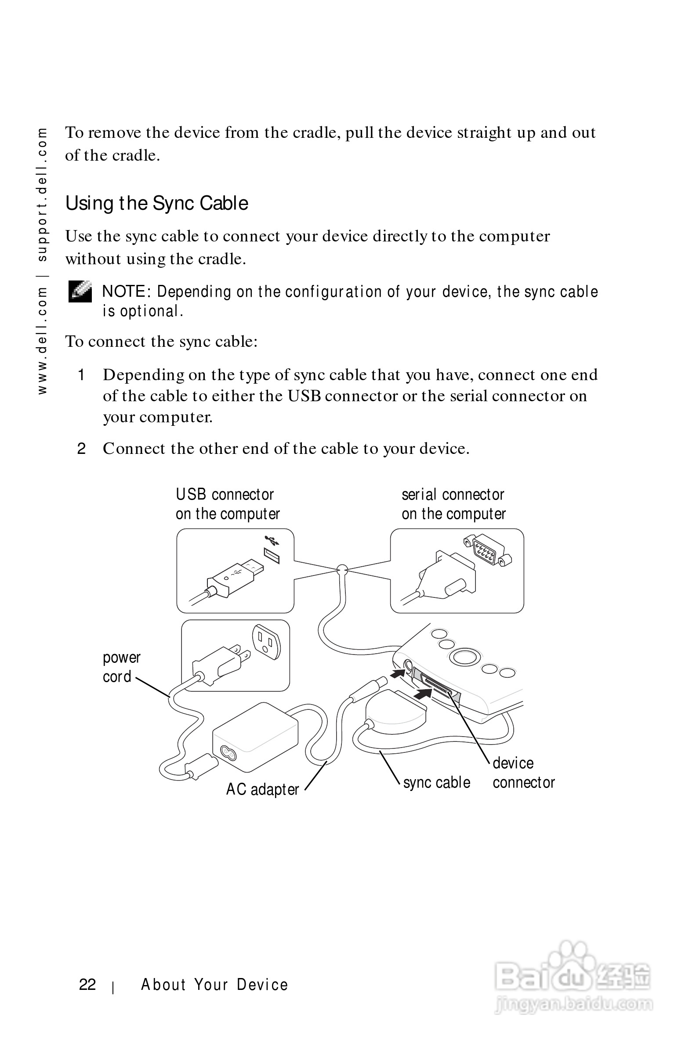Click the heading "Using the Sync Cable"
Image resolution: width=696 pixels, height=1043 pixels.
pos(157,204)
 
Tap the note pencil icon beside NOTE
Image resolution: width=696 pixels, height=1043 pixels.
pos(80,292)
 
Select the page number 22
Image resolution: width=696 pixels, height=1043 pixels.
pos(87,985)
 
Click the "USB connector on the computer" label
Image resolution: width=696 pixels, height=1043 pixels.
pos(227,504)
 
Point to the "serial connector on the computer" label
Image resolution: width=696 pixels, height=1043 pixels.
pos(453,504)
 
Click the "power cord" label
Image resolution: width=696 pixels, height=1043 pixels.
pos(121,667)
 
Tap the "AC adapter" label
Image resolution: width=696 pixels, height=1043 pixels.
pos(262,789)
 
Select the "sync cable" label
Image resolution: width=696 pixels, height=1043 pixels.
pos(436,783)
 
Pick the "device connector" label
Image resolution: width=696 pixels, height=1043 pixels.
pos(523,773)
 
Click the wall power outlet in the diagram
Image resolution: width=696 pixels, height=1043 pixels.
pos(266,642)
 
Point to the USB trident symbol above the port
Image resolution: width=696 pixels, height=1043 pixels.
pos(272,540)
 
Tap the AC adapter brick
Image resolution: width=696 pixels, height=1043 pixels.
pos(255,736)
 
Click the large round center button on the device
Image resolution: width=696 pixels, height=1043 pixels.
pos(464,657)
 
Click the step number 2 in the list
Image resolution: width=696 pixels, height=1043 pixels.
pos(81,449)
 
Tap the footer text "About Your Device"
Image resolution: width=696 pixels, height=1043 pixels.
pos(214,985)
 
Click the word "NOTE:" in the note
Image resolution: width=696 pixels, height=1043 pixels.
pos(127,292)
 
